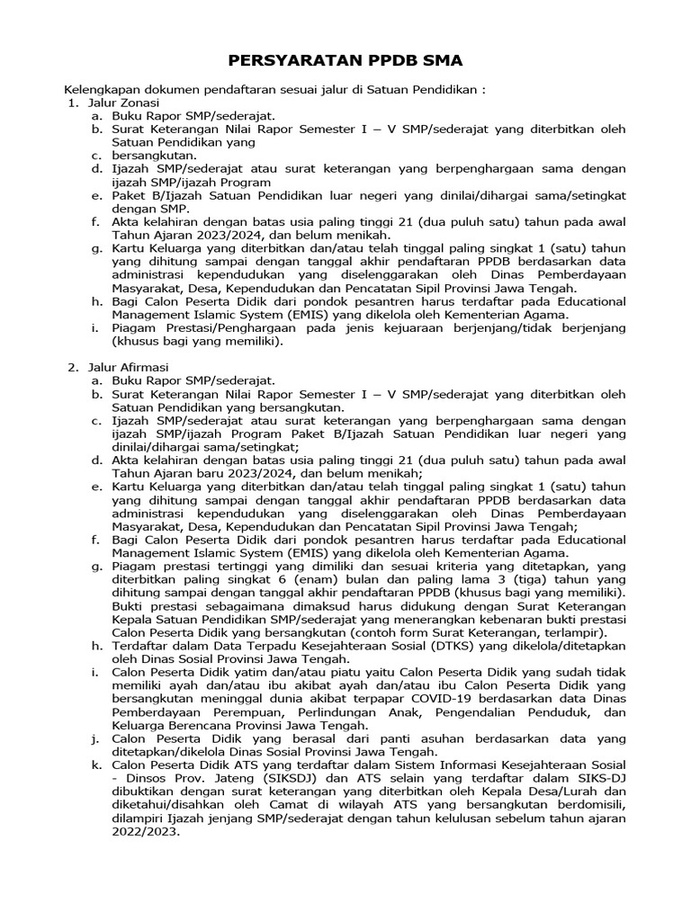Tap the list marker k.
95,765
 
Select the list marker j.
95,738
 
